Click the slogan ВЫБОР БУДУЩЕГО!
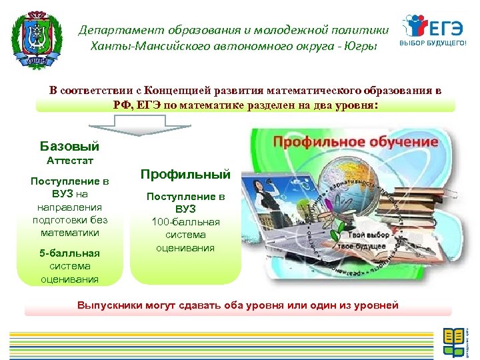coord(433,44)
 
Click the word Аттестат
coord(70,161)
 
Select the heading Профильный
coord(185,175)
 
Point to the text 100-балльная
coord(185,222)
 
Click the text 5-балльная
coord(70,253)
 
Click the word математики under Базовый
coord(69,233)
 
